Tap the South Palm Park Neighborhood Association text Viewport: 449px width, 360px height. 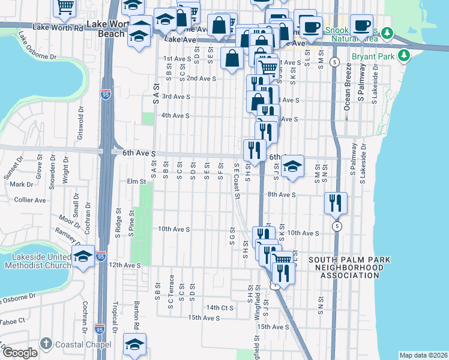click(x=349, y=268)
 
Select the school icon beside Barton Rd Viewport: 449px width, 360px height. click(x=135, y=344)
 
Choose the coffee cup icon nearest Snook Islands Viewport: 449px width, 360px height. click(x=362, y=26)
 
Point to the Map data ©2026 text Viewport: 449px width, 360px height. click(x=423, y=355)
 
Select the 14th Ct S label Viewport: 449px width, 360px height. click(x=219, y=307)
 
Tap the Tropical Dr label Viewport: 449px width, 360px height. click(x=113, y=313)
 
